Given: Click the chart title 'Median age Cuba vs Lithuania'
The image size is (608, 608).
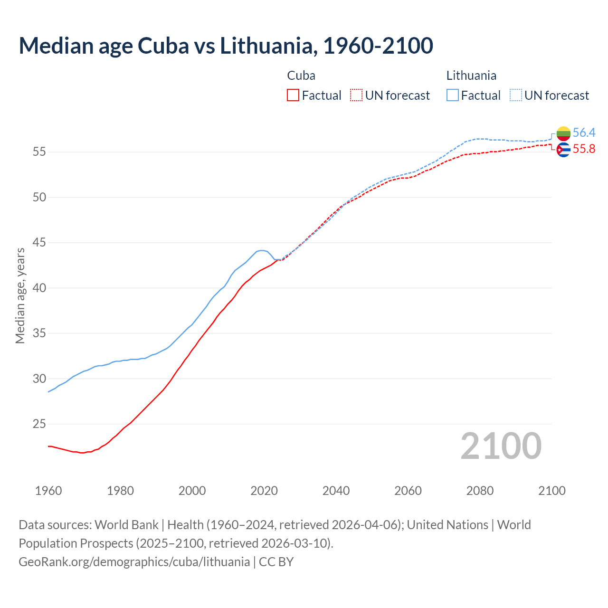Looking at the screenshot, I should pyautogui.click(x=226, y=46).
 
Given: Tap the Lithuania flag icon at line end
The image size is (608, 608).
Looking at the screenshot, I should pyautogui.click(x=563, y=133).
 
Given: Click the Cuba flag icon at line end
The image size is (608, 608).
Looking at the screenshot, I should pyautogui.click(x=563, y=150).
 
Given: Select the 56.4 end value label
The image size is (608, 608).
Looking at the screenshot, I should pyautogui.click(x=584, y=133).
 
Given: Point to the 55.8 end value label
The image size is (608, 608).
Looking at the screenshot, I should pyautogui.click(x=584, y=149).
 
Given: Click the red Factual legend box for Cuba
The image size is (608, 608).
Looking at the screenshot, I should pyautogui.click(x=293, y=95).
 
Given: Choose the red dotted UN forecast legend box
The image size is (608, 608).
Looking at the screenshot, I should pyautogui.click(x=356, y=95).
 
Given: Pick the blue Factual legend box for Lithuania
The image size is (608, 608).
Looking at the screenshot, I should pyautogui.click(x=453, y=95).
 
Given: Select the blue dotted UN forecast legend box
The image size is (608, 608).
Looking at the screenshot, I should pyautogui.click(x=516, y=95).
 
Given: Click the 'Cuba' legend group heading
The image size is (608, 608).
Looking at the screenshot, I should pyautogui.click(x=301, y=76).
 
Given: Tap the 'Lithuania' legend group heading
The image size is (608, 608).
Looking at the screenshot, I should pyautogui.click(x=471, y=76).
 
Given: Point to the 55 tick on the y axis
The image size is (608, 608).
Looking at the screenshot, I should pyautogui.click(x=39, y=152).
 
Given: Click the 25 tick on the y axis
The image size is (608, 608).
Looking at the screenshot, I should pyautogui.click(x=39, y=424).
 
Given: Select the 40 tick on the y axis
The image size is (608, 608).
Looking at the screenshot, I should pyautogui.click(x=39, y=288).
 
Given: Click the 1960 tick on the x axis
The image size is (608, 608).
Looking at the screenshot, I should pyautogui.click(x=48, y=491).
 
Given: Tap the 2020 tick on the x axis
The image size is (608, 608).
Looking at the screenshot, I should pyautogui.click(x=264, y=491).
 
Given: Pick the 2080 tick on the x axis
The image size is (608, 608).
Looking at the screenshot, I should pyautogui.click(x=480, y=491).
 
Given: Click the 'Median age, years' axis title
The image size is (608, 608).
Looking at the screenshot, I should pyautogui.click(x=20, y=295).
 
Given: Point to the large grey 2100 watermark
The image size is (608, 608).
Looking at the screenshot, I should pyautogui.click(x=501, y=446).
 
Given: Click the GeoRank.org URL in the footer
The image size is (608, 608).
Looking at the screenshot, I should pyautogui.click(x=134, y=561).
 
